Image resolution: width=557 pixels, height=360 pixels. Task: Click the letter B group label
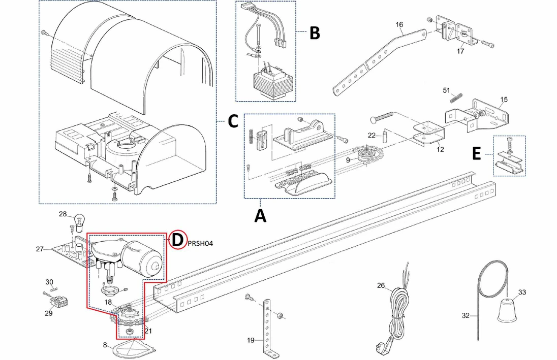pyautogui.click(x=315, y=34)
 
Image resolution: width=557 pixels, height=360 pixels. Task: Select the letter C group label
pyautogui.click(x=232, y=121)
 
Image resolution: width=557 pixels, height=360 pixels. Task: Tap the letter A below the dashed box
pyautogui.click(x=260, y=215)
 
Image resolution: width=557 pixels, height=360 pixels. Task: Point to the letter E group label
pyautogui.click(x=476, y=154)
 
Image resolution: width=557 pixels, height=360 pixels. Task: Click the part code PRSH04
pyautogui.click(x=200, y=243)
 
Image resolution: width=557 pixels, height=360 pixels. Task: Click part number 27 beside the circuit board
pyautogui.click(x=40, y=249)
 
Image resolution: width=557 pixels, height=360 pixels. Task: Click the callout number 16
pyautogui.click(x=399, y=24)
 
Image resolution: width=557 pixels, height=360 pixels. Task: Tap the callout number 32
pyautogui.click(x=466, y=315)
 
